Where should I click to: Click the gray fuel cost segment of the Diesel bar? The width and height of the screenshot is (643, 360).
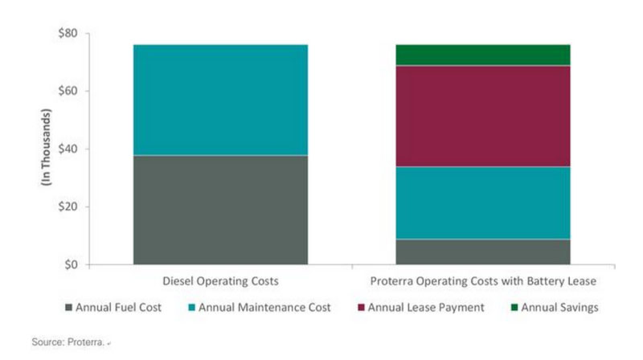220,209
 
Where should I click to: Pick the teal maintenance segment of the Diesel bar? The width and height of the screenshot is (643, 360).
220,100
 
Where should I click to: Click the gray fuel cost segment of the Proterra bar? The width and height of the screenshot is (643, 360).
483,252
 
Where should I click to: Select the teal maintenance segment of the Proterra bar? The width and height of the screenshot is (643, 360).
483,202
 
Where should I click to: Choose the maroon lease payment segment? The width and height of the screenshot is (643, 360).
483,116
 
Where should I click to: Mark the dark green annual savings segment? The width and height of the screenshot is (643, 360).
483,55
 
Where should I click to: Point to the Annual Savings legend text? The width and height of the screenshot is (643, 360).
559,307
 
